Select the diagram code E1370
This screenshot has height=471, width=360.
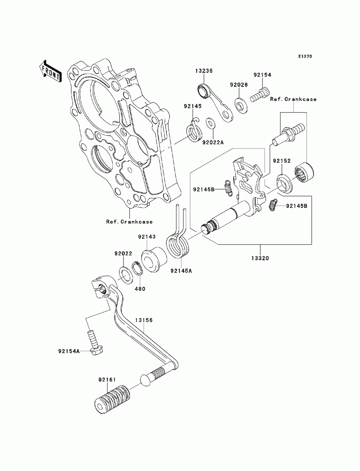tap(305, 56)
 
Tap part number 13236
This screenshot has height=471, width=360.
tap(204, 71)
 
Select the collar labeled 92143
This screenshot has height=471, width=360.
tap(154, 259)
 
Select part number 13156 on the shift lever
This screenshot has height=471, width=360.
tap(144, 326)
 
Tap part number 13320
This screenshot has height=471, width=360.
tap(260, 258)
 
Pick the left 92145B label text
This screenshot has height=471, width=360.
tap(204, 190)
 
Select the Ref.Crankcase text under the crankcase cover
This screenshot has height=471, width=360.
tap(130, 222)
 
